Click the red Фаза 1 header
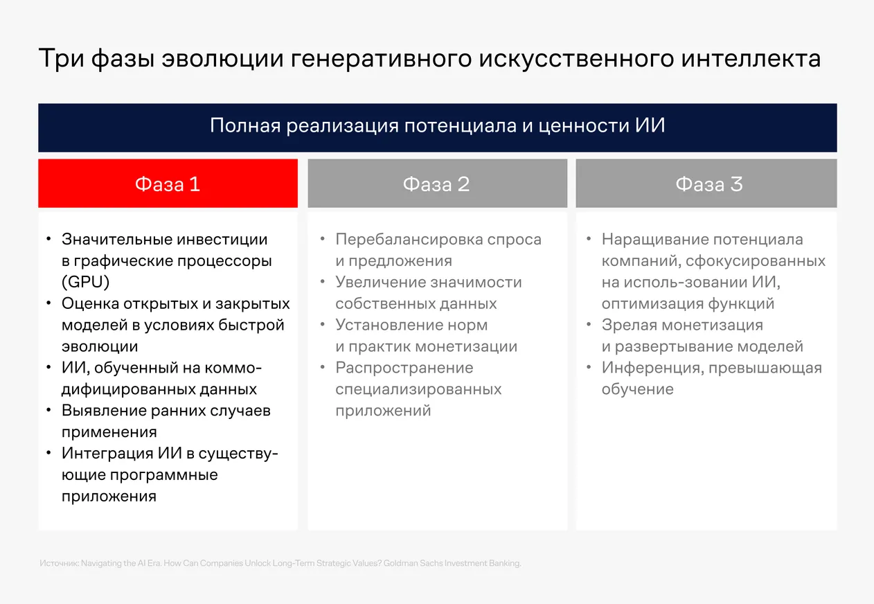coord(168,184)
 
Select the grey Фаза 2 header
coord(436,184)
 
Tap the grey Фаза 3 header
coord(706,184)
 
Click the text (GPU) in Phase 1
coord(86,283)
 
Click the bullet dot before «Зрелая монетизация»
coord(588,325)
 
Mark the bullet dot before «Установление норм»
coord(322,325)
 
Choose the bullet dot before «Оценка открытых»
coord(48,304)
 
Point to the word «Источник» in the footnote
coord(59,564)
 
